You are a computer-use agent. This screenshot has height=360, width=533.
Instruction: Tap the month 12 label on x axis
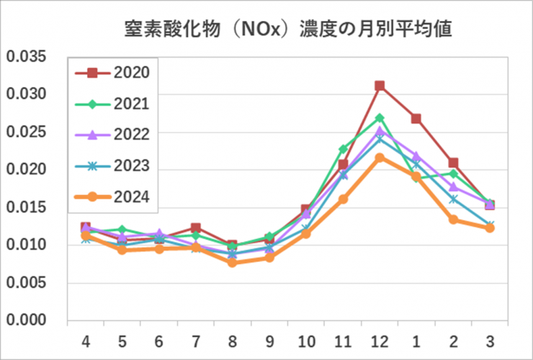point(380,339)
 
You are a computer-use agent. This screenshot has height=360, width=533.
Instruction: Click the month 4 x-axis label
point(86,339)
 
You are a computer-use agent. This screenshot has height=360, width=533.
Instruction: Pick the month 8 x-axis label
point(233,339)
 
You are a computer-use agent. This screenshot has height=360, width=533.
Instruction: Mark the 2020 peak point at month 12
point(380,86)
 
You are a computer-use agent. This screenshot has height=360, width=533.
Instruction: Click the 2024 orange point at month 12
point(380,157)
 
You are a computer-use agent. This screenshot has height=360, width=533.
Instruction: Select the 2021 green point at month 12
point(380,118)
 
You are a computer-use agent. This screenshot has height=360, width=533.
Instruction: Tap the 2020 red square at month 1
point(416,119)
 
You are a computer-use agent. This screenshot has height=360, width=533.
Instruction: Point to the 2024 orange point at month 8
point(233,262)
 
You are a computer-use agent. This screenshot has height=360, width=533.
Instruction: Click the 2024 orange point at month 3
point(490,228)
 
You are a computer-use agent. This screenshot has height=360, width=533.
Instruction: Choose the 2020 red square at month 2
point(453,163)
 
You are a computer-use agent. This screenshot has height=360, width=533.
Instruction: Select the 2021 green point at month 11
point(343,149)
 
